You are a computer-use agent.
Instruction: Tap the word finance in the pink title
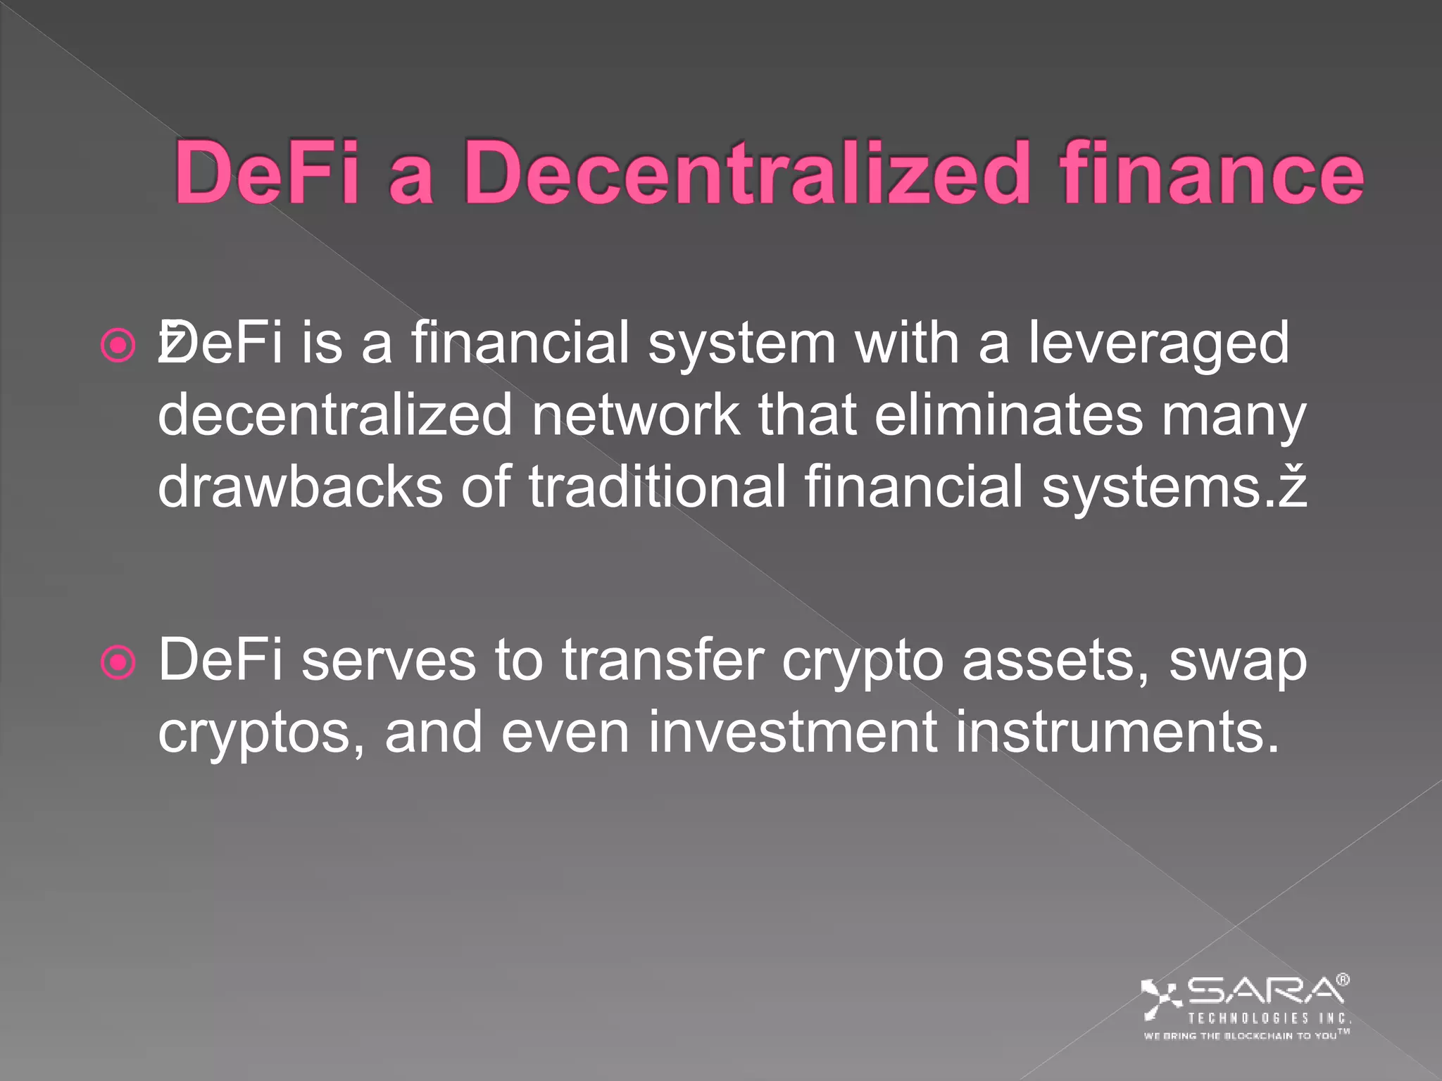[1212, 174]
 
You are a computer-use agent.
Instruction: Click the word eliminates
[1009, 415]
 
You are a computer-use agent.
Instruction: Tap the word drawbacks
[301, 487]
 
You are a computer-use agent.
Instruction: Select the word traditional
[658, 487]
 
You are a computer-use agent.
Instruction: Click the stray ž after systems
[1293, 487]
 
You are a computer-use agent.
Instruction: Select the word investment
[792, 732]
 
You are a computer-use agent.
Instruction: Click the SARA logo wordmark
[1265, 991]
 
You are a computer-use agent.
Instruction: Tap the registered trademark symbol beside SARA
[1343, 980]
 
